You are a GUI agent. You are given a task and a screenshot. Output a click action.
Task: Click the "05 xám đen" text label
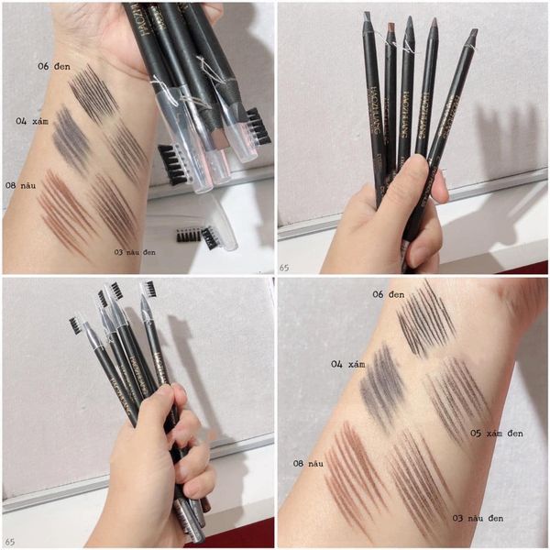click(496, 432)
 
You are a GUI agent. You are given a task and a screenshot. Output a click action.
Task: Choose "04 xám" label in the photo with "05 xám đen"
click(347, 364)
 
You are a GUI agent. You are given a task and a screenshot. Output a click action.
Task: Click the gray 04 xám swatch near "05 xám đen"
click(385, 385)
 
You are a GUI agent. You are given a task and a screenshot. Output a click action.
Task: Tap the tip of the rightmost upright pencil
click(473, 35)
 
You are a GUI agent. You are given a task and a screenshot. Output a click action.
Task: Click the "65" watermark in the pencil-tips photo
click(285, 266)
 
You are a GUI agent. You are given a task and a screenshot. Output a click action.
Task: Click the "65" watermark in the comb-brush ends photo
click(10, 542)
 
